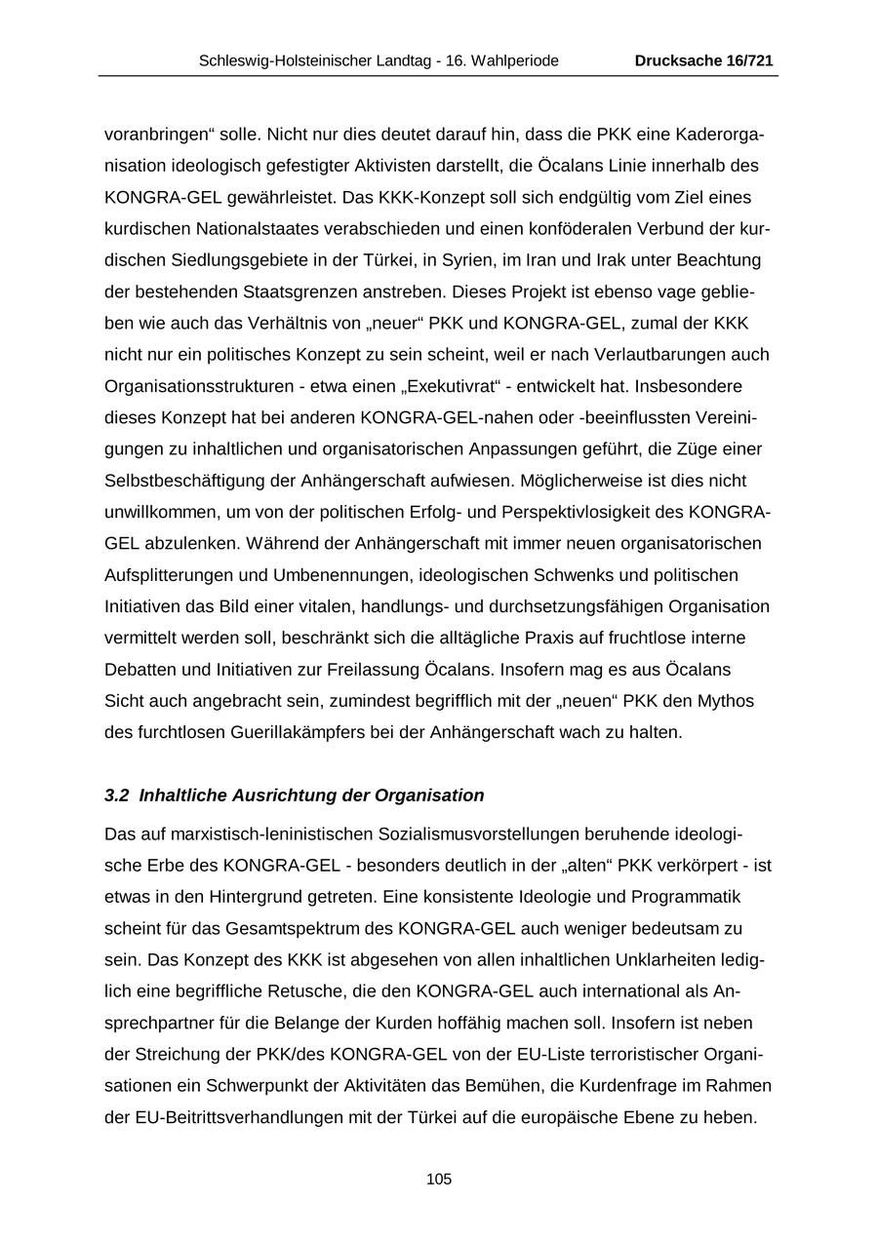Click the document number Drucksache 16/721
[703, 60]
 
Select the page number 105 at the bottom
[439, 1180]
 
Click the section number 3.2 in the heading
[116, 795]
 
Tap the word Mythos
[728, 701]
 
